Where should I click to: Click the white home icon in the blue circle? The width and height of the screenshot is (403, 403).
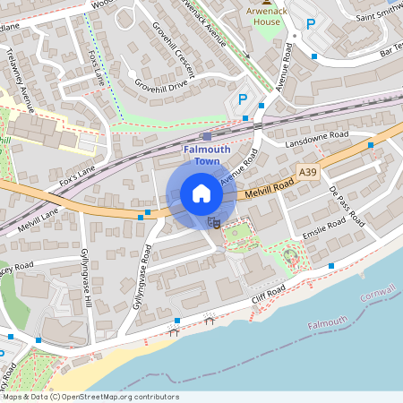(x=201, y=193)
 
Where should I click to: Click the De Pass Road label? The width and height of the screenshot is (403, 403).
(x=346, y=206)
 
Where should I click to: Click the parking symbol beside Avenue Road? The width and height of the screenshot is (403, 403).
(x=241, y=101)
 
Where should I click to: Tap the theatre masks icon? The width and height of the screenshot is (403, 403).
(x=213, y=220)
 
